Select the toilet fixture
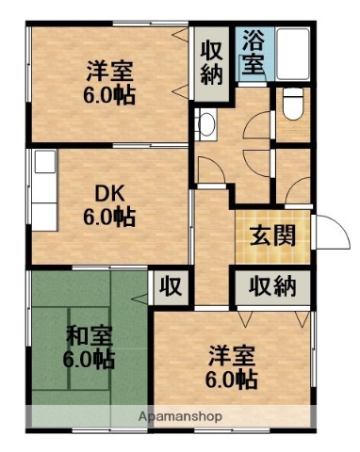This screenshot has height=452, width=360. coord(290,102)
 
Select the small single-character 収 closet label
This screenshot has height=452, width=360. coord(171,286)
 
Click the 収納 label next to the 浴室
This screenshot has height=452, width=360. coord(210,60)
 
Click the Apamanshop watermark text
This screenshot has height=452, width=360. coord(179,415)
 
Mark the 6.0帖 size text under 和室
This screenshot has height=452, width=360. coord(89,360)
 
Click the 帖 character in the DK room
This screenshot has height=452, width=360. coord(125,217)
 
